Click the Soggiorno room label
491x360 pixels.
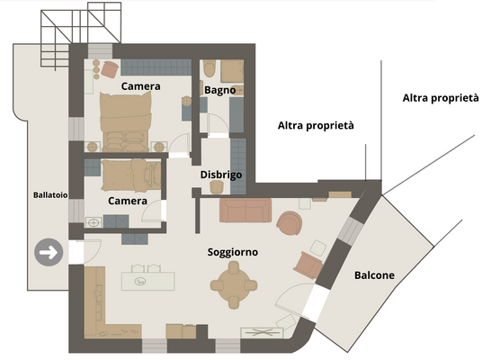[233, 253]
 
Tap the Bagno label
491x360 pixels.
[219, 90]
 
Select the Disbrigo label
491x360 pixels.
[220, 175]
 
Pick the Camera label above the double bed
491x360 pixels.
[141, 86]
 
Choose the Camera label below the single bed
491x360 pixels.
[128, 201]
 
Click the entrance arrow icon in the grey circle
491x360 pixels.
[49, 253]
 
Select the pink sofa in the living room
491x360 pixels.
[245, 211]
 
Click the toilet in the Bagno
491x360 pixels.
[209, 70]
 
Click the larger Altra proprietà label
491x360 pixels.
[440, 97]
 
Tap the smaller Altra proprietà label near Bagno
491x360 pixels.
[315, 126]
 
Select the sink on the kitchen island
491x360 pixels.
[142, 281]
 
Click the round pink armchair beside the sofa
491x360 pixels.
[290, 221]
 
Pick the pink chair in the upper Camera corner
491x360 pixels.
[109, 69]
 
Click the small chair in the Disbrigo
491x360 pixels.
[216, 187]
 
